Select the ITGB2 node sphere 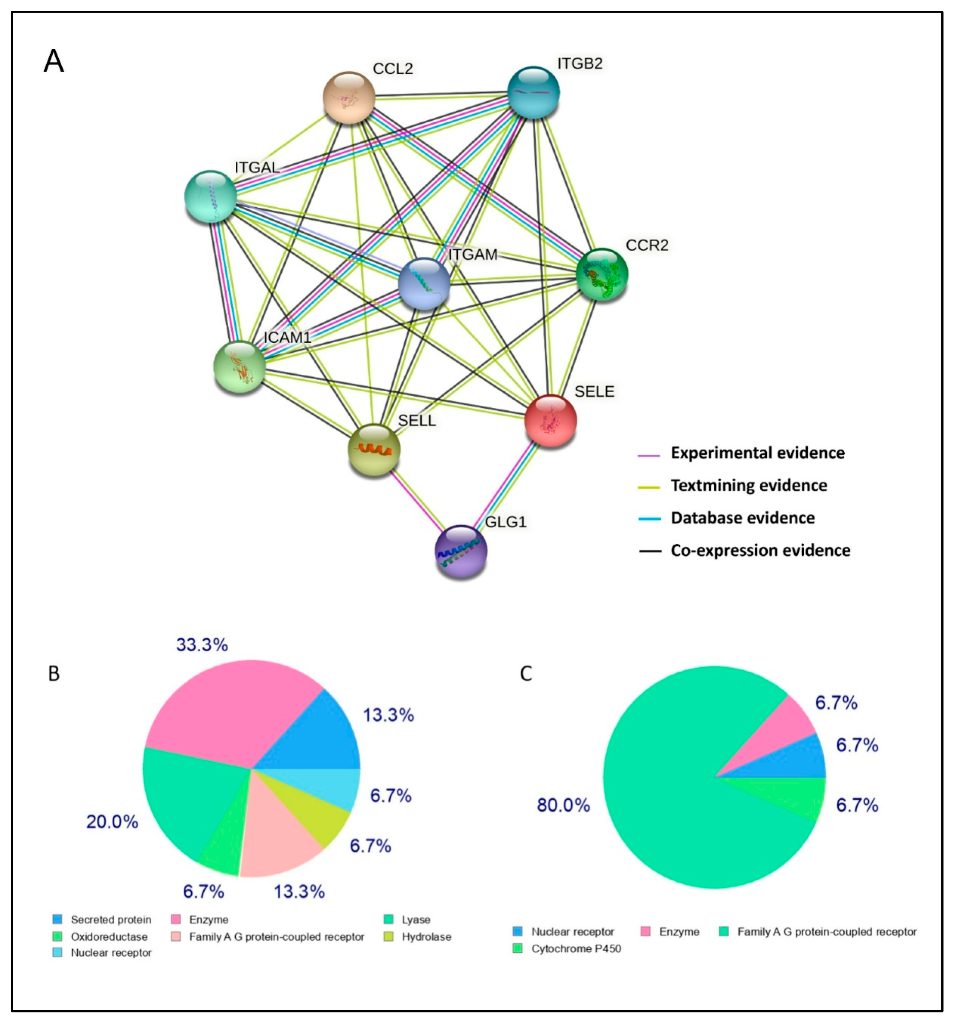coord(533,92)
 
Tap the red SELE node coord(550,421)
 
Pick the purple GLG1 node coord(460,551)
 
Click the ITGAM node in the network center coord(424,284)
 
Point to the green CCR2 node coord(602,274)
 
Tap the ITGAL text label coord(257,168)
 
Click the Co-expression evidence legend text coord(760,551)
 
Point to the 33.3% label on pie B coord(202,645)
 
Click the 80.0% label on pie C coord(563,805)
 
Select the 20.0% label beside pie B coord(112,821)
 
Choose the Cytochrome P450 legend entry coord(576,948)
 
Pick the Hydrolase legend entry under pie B coord(426,937)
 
